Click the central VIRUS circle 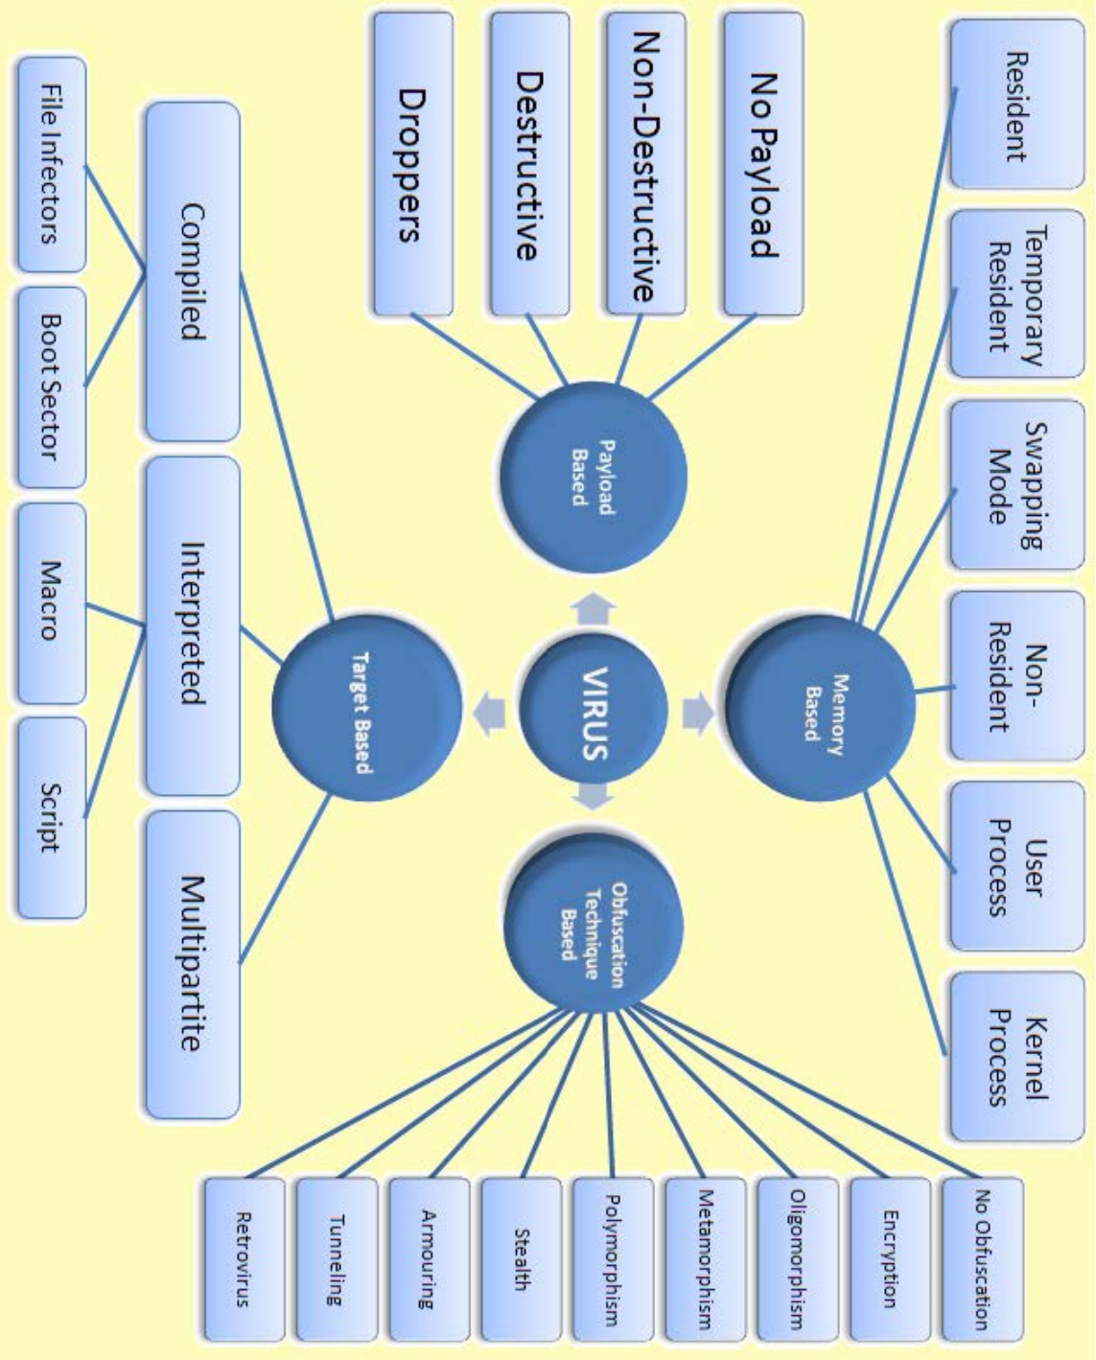pyautogui.click(x=594, y=712)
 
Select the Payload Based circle pyautogui.click(x=594, y=477)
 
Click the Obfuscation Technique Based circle pyautogui.click(x=594, y=928)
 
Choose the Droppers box pyautogui.click(x=411, y=165)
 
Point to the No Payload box pyautogui.click(x=763, y=165)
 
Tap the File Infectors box pyautogui.click(x=51, y=164)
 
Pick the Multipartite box pyautogui.click(x=192, y=963)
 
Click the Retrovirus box pyautogui.click(x=244, y=1258)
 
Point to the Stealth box pyautogui.click(x=521, y=1258)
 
